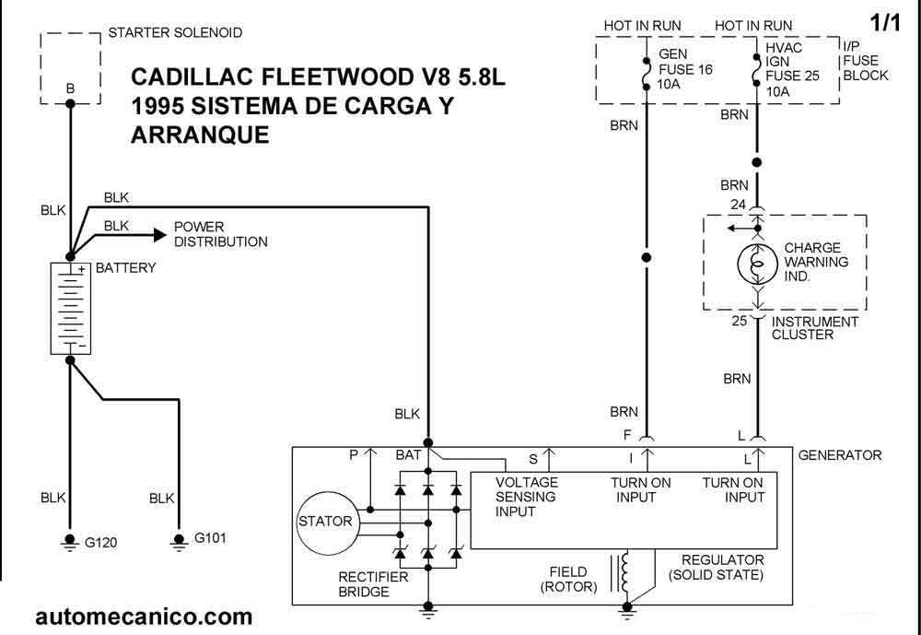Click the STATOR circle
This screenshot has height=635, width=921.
[x=324, y=523]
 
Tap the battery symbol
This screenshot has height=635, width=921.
[x=68, y=308]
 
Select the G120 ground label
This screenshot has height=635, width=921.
[x=101, y=543]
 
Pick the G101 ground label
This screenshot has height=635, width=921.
[x=210, y=538]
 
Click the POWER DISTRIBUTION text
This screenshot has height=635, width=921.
[x=220, y=234]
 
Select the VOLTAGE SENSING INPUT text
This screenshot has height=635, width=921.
[x=527, y=497]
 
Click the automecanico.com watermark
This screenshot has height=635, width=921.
[x=143, y=616]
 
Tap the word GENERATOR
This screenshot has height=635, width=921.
[x=839, y=455]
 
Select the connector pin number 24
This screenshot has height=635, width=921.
[x=738, y=205]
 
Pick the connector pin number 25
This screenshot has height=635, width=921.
[x=738, y=321]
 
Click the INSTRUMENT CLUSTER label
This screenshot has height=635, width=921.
[x=815, y=328]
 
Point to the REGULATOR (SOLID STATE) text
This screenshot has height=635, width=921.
[x=717, y=568]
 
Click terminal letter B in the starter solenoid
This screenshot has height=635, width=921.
[x=70, y=88]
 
